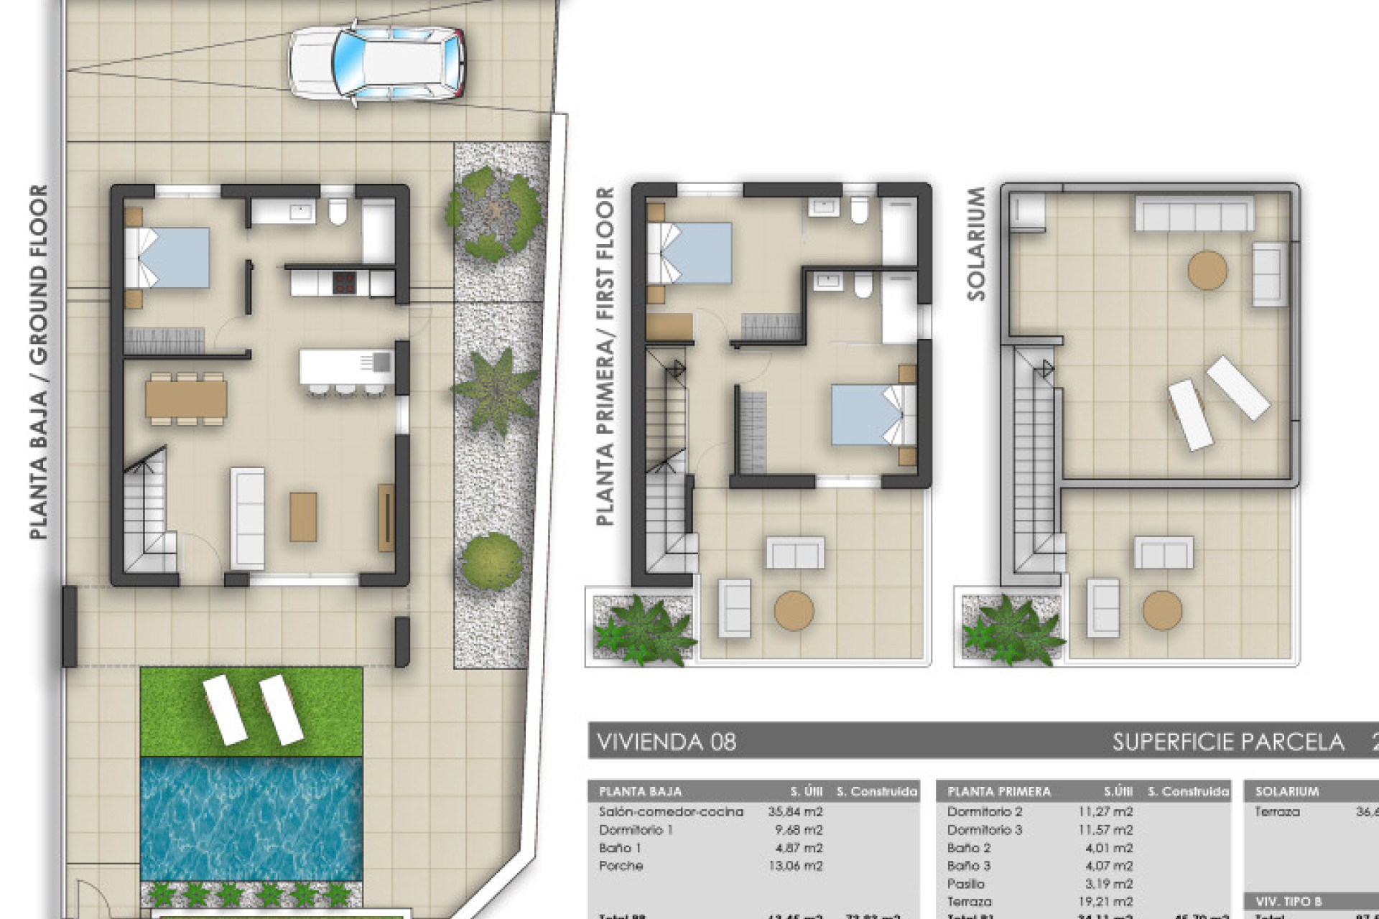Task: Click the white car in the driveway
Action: point(376,64)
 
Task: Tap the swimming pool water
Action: point(251,818)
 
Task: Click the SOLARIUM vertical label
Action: point(976,244)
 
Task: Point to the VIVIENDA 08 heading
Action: point(667,742)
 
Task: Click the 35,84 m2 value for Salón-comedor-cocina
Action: point(795,812)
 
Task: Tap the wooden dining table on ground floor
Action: point(186,399)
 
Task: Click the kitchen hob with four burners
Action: point(345,282)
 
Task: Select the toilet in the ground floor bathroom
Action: point(338,211)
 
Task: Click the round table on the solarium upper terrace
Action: point(1207,270)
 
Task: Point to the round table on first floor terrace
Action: point(794,611)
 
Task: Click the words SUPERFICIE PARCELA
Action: point(1227,742)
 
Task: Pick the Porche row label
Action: point(621,866)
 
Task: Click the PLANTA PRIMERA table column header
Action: point(998,792)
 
